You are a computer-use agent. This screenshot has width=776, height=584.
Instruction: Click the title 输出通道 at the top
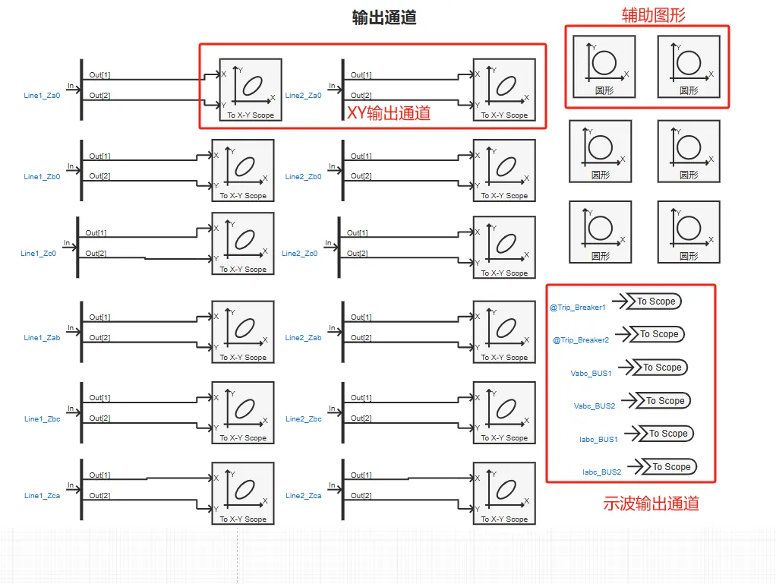pos(384,17)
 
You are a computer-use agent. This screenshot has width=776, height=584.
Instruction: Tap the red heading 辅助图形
pos(654,14)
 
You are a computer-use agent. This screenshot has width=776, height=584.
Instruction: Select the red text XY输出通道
pos(389,113)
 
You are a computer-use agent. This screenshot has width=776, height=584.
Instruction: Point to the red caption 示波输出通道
pos(651,503)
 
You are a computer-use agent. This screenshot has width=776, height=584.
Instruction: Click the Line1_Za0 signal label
pos(42,96)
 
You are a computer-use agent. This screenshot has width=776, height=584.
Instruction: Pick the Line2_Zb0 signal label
pos(303,177)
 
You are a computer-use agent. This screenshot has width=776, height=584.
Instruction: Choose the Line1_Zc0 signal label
pos(39,254)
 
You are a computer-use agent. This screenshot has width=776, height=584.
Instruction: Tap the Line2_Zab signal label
pos(303,338)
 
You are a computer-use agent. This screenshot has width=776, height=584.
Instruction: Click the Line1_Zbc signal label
pos(42,419)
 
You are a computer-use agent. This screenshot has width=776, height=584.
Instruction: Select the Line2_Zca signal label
pos(303,496)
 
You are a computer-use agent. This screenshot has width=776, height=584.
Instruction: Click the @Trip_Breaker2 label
pos(580,340)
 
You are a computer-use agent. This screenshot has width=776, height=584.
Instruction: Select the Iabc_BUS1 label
pos(598,439)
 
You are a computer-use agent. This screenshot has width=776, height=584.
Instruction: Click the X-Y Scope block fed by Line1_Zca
pos(243,492)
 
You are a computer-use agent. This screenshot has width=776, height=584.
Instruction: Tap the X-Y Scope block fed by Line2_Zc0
pos(504,247)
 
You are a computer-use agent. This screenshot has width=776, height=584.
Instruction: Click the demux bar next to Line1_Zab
pos(81,327)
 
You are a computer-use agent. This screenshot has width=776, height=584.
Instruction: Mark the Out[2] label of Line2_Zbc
pos(361,418)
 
